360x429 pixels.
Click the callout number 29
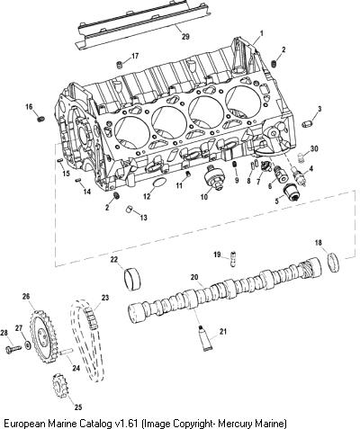point(185,37)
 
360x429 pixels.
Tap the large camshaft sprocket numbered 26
point(42,337)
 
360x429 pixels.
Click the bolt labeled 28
point(13,349)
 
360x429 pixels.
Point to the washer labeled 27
point(28,345)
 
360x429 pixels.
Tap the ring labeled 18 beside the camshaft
point(333,263)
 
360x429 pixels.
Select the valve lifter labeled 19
point(232,259)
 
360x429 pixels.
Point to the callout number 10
point(203,197)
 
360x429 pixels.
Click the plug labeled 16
point(41,119)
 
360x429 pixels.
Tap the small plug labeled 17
point(120,65)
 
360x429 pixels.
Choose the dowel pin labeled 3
point(307,123)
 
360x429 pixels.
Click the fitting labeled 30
point(302,157)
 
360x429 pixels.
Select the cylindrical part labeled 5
point(292,191)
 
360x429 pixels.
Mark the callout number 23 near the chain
point(104,298)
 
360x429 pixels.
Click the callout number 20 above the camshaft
point(194,277)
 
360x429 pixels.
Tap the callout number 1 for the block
point(261,33)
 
